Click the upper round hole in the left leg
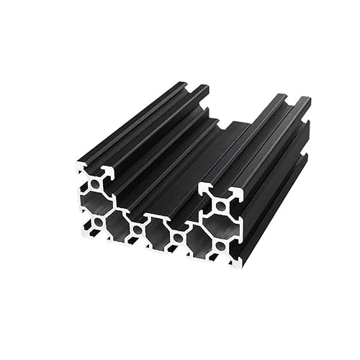94,185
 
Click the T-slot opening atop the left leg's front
94,170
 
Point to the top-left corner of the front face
77,164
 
